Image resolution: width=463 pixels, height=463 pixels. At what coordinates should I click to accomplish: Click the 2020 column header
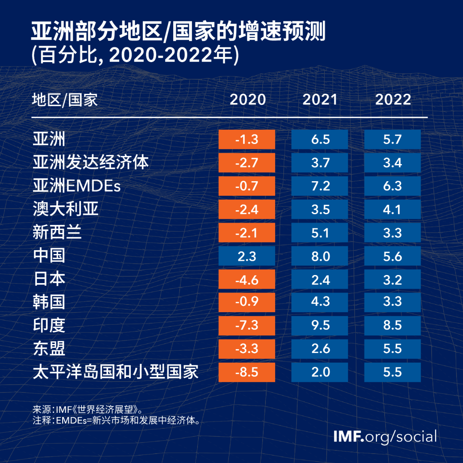247,100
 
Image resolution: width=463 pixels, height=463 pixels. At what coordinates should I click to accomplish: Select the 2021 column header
320,100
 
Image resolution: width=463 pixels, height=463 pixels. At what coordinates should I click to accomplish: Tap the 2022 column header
393,100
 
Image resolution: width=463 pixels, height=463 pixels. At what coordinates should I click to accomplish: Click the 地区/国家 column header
65,100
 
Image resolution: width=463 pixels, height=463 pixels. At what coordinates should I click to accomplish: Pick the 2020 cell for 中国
247,256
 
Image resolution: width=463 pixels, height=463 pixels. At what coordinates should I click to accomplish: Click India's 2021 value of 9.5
319,325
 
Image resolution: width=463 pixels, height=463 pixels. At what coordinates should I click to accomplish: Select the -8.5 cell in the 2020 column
247,372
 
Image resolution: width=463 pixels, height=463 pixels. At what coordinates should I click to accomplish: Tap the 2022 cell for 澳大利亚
392,209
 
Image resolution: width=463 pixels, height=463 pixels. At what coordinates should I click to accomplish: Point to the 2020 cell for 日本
247,279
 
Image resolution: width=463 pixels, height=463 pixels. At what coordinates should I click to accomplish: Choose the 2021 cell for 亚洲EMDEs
319,186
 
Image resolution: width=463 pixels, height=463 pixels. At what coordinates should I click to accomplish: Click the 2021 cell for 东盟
319,349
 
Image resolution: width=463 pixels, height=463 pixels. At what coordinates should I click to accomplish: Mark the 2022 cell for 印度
392,325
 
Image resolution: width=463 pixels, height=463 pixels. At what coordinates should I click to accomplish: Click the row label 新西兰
57,233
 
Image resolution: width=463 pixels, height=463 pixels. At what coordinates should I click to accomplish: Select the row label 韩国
49,302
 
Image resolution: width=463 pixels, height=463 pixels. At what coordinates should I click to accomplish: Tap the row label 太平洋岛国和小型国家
116,371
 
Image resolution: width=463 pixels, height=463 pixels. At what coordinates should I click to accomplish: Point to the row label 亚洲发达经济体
90,163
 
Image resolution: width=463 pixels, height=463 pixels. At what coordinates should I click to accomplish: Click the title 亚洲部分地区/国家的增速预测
178,33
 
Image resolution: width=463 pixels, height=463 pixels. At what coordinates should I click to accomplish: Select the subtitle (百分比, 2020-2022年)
135,56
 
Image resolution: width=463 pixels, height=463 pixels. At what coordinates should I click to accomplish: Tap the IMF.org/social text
385,436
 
